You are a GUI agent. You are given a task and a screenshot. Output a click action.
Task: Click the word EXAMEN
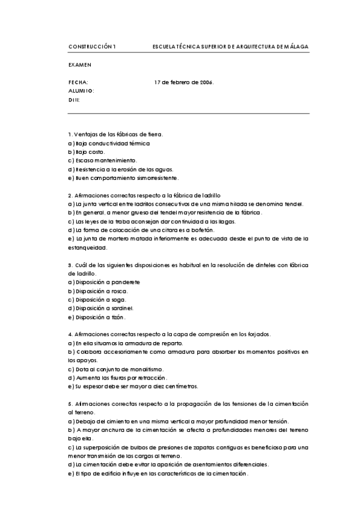(79, 64)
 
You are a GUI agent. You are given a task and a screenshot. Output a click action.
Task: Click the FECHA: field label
(78, 82)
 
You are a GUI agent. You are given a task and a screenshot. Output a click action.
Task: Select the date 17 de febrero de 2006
(184, 82)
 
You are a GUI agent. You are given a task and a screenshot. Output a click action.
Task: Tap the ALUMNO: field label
(82, 91)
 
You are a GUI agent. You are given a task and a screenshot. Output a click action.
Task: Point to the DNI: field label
(75, 100)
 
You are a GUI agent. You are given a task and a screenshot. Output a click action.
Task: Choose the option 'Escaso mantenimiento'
(103, 161)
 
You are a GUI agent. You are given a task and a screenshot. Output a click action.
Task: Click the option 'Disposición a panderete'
(104, 282)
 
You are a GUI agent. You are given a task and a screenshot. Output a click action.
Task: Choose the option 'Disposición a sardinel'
(101, 309)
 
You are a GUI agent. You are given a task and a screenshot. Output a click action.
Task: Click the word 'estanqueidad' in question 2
(88, 247)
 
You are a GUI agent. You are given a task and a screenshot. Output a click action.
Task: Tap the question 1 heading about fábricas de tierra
(116, 134)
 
